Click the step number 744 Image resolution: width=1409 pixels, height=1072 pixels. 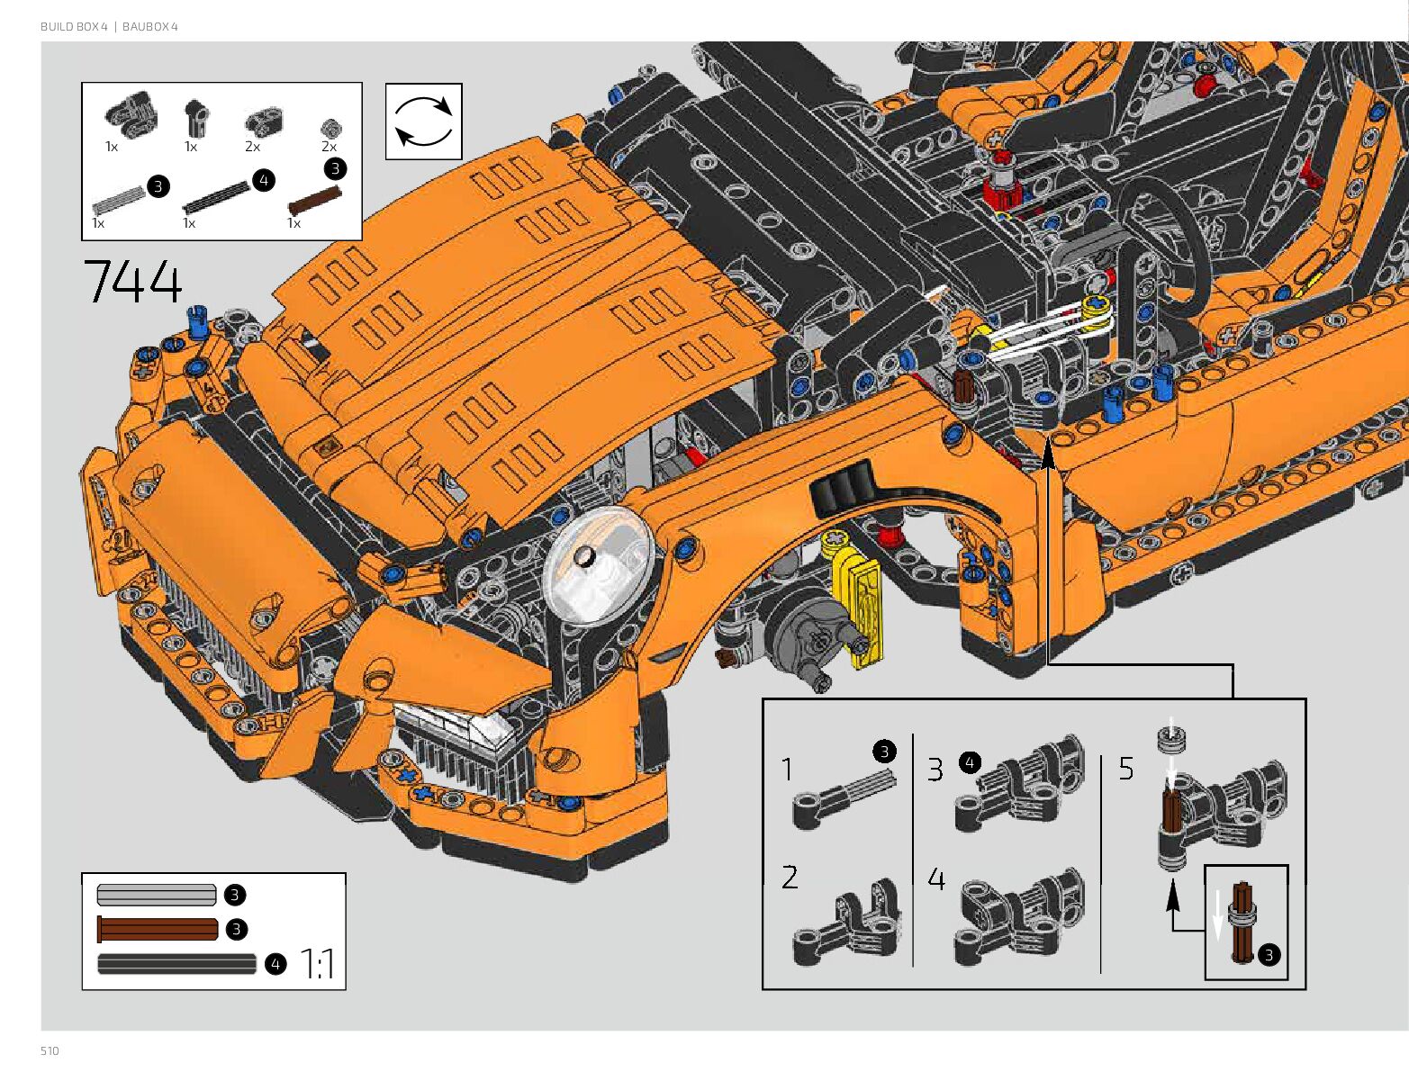pos(132,281)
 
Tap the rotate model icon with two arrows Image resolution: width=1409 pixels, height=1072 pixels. pos(423,122)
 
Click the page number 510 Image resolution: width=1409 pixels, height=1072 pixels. pos(50,1050)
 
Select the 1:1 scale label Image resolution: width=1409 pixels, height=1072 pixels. pos(318,964)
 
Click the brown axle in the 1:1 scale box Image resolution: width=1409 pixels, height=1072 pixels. pos(158,929)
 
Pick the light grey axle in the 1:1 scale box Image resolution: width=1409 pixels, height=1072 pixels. pos(157,895)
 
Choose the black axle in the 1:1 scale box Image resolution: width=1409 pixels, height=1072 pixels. pos(176,964)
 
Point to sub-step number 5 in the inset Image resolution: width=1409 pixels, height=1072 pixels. pos(1126,769)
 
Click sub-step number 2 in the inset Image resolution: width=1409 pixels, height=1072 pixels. pos(790,877)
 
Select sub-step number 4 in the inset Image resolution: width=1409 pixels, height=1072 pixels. pos(936,878)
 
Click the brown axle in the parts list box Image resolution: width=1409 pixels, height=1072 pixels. pos(314,200)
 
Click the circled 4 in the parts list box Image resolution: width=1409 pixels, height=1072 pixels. pos(263,180)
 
